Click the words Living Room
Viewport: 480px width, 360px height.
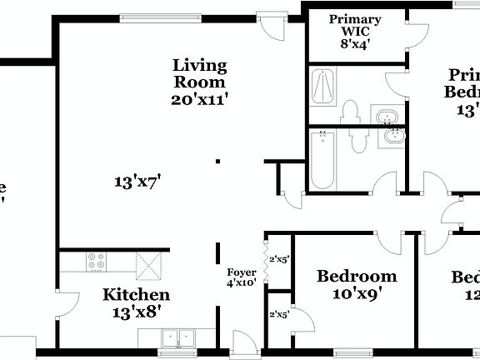[199, 73]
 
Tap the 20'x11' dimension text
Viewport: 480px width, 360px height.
[199, 98]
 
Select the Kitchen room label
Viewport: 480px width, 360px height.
[136, 295]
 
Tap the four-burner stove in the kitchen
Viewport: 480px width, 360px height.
[97, 261]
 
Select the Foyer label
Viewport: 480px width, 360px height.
[242, 272]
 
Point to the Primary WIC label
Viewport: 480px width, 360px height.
[355, 26]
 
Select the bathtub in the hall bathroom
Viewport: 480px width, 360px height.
[322, 159]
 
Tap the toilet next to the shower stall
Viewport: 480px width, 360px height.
[349, 112]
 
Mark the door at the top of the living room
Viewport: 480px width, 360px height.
[272, 26]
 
